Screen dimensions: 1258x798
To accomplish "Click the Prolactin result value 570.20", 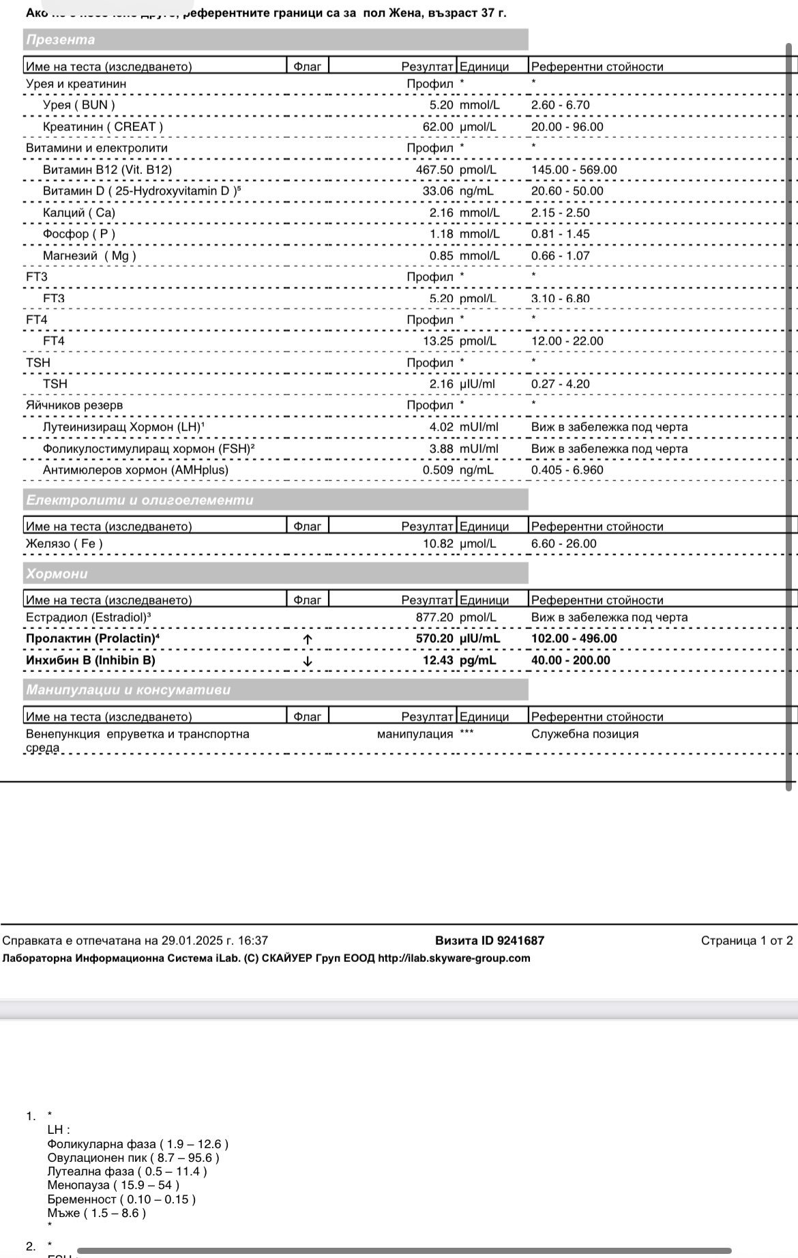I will [434, 639].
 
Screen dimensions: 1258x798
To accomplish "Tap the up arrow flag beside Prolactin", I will [308, 639].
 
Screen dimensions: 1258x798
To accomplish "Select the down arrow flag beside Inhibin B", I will [308, 661].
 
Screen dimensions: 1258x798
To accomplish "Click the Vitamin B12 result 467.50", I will [434, 170].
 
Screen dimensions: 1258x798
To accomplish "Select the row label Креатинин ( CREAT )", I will [103, 127].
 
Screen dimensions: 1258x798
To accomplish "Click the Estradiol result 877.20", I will [434, 617].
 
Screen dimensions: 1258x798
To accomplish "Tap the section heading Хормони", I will [57, 574].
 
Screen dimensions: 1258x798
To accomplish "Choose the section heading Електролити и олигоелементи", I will [140, 500].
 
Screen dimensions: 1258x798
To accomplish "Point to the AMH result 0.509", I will [438, 470].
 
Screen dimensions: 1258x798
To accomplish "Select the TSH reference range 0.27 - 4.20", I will [561, 384].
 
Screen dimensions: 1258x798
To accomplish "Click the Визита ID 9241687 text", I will [490, 941].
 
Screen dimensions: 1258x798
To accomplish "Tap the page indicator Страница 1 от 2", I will [747, 941].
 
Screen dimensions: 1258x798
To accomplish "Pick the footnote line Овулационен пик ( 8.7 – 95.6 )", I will [134, 1158].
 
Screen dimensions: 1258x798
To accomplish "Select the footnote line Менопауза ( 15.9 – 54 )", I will [114, 1185].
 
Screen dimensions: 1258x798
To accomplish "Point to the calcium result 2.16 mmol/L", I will [441, 213].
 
